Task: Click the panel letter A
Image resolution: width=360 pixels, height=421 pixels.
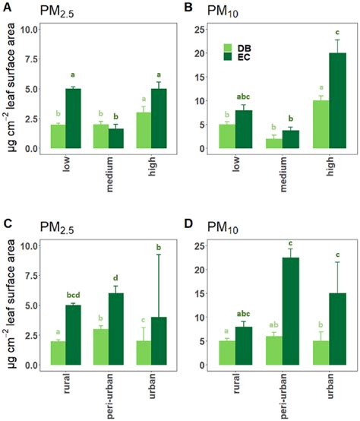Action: click(x=6, y=7)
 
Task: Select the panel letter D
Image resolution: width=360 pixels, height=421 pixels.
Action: click(x=189, y=224)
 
